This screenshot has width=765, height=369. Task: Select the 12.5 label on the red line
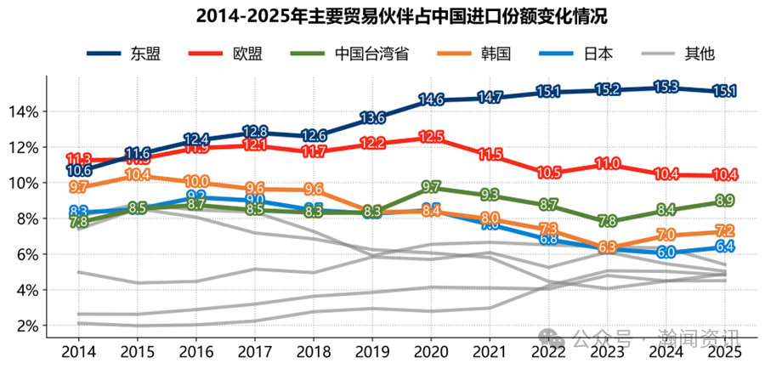(431, 136)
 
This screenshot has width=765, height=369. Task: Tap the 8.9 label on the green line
(724, 201)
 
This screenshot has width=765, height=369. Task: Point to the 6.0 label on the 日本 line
(666, 253)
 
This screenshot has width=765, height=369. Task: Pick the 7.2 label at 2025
(724, 231)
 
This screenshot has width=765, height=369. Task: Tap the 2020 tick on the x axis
(431, 351)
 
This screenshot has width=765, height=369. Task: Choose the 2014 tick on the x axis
(79, 351)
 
